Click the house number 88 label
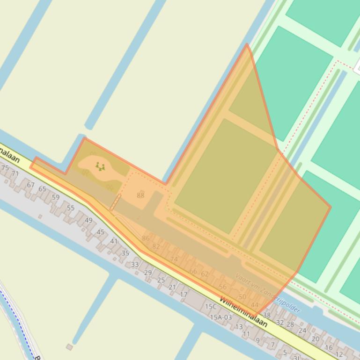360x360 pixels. click(x=140, y=195)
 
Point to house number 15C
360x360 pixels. click(x=211, y=307)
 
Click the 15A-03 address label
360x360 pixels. click(x=220, y=317)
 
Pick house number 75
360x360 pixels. click(x=5, y=168)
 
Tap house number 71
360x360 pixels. click(x=15, y=173)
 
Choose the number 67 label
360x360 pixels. click(x=30, y=185)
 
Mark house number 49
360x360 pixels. click(x=88, y=220)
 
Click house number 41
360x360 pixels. click(x=114, y=241)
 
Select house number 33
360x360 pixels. click(x=135, y=265)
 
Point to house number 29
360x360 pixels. click(x=148, y=273)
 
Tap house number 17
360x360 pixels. click(x=184, y=295)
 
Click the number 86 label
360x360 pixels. click(x=146, y=238)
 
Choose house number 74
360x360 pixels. click(x=174, y=259)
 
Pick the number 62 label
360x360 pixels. click(x=205, y=274)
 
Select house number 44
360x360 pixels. click(x=254, y=305)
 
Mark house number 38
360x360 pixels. click(x=267, y=315)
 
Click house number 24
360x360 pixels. click(x=302, y=331)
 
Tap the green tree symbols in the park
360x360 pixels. click(x=100, y=166)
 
